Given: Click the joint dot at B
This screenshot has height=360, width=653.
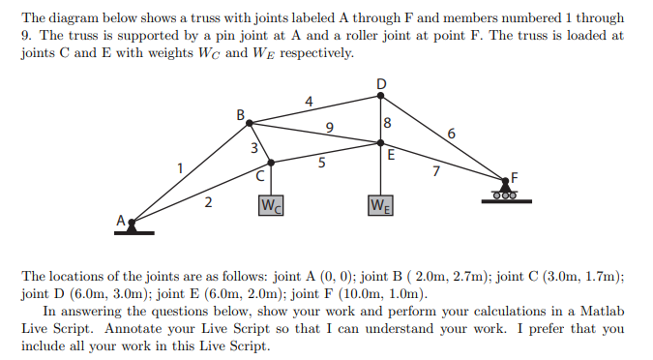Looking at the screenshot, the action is [250, 123].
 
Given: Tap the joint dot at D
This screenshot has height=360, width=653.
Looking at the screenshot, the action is [380, 96].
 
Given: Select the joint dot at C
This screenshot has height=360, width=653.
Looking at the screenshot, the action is [271, 163].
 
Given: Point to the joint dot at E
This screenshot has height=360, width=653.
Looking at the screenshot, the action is [380, 143].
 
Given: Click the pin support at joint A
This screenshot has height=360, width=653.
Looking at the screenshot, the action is [134, 227].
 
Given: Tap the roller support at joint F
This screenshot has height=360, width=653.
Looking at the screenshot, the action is [506, 192].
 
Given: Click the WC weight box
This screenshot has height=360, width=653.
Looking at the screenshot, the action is [271, 205].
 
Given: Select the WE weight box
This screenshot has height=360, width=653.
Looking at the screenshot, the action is [380, 205].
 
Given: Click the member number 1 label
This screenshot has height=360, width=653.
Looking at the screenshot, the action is [180, 168].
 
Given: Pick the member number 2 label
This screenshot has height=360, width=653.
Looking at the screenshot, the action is [208, 202].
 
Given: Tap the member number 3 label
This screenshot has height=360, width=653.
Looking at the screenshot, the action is [254, 148].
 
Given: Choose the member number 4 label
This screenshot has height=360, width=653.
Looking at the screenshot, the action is [309, 102].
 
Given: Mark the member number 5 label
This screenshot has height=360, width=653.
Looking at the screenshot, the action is [321, 162].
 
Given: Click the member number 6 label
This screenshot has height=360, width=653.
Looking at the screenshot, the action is [452, 134].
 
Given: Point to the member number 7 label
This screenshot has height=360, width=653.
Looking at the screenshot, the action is [436, 171].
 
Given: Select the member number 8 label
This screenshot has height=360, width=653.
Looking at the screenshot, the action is [387, 123].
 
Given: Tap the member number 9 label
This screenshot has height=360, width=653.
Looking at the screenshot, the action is [330, 127].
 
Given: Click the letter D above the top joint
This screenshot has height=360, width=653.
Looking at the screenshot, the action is [381, 84].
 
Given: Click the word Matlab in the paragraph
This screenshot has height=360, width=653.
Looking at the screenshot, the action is [602, 312].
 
